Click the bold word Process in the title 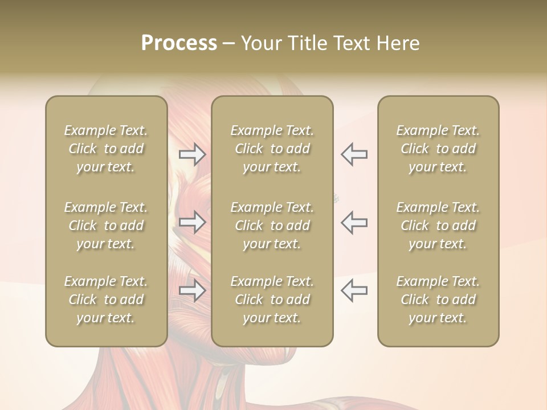click(x=179, y=43)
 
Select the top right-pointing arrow click(x=193, y=154)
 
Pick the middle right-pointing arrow click(x=193, y=222)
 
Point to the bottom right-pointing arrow click(x=193, y=290)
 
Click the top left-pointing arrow click(x=354, y=154)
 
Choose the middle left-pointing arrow click(x=354, y=222)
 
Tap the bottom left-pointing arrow click(x=354, y=290)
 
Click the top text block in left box click(x=106, y=149)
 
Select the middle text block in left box click(x=106, y=225)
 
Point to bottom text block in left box click(x=106, y=300)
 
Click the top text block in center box click(x=272, y=149)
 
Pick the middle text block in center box click(x=272, y=225)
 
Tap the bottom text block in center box click(x=272, y=300)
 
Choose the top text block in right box click(x=438, y=149)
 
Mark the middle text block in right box click(x=438, y=225)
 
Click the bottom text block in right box click(x=438, y=300)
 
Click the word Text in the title click(x=353, y=43)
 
